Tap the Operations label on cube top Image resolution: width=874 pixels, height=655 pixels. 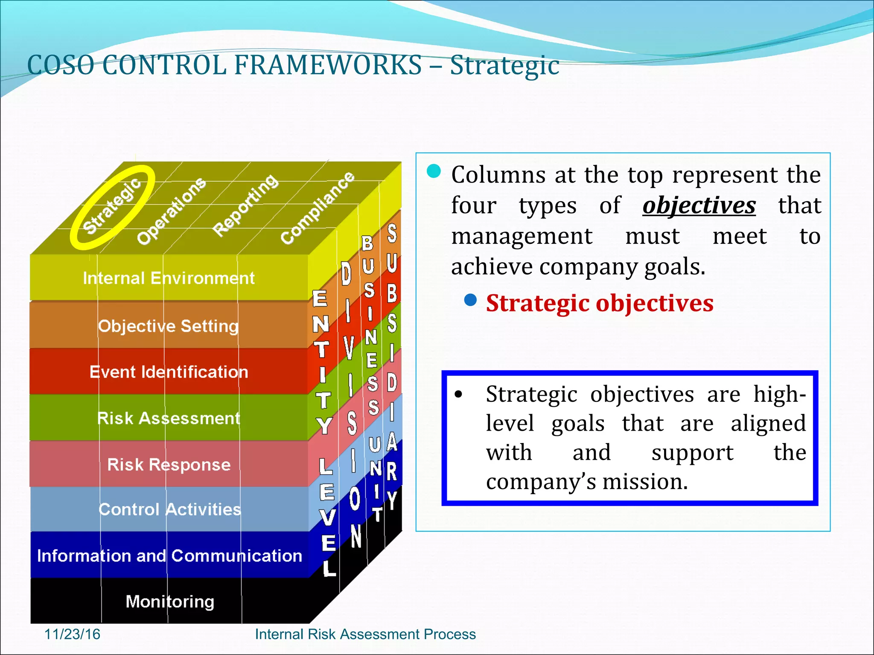click(x=171, y=211)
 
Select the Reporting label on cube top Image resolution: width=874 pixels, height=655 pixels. click(x=245, y=205)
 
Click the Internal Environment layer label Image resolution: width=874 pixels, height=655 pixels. click(x=169, y=278)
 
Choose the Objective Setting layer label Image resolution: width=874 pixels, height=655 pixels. click(x=168, y=326)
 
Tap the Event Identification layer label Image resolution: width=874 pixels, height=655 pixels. click(x=169, y=372)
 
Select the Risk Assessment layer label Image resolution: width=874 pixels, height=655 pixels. click(x=169, y=418)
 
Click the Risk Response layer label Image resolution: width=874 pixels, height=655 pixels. click(x=169, y=464)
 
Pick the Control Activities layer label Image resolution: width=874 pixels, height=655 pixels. click(x=169, y=510)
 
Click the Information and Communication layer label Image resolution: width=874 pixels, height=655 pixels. click(x=169, y=556)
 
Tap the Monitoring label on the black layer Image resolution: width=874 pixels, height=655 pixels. click(x=170, y=602)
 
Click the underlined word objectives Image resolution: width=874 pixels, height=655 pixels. click(x=699, y=206)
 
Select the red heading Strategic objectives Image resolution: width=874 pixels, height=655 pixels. click(x=600, y=304)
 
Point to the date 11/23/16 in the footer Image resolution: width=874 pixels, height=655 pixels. click(x=72, y=634)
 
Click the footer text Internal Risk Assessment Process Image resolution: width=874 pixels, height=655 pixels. click(x=365, y=634)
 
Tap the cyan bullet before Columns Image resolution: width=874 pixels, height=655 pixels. click(x=434, y=171)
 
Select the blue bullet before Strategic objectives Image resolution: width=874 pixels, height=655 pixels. click(x=470, y=300)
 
